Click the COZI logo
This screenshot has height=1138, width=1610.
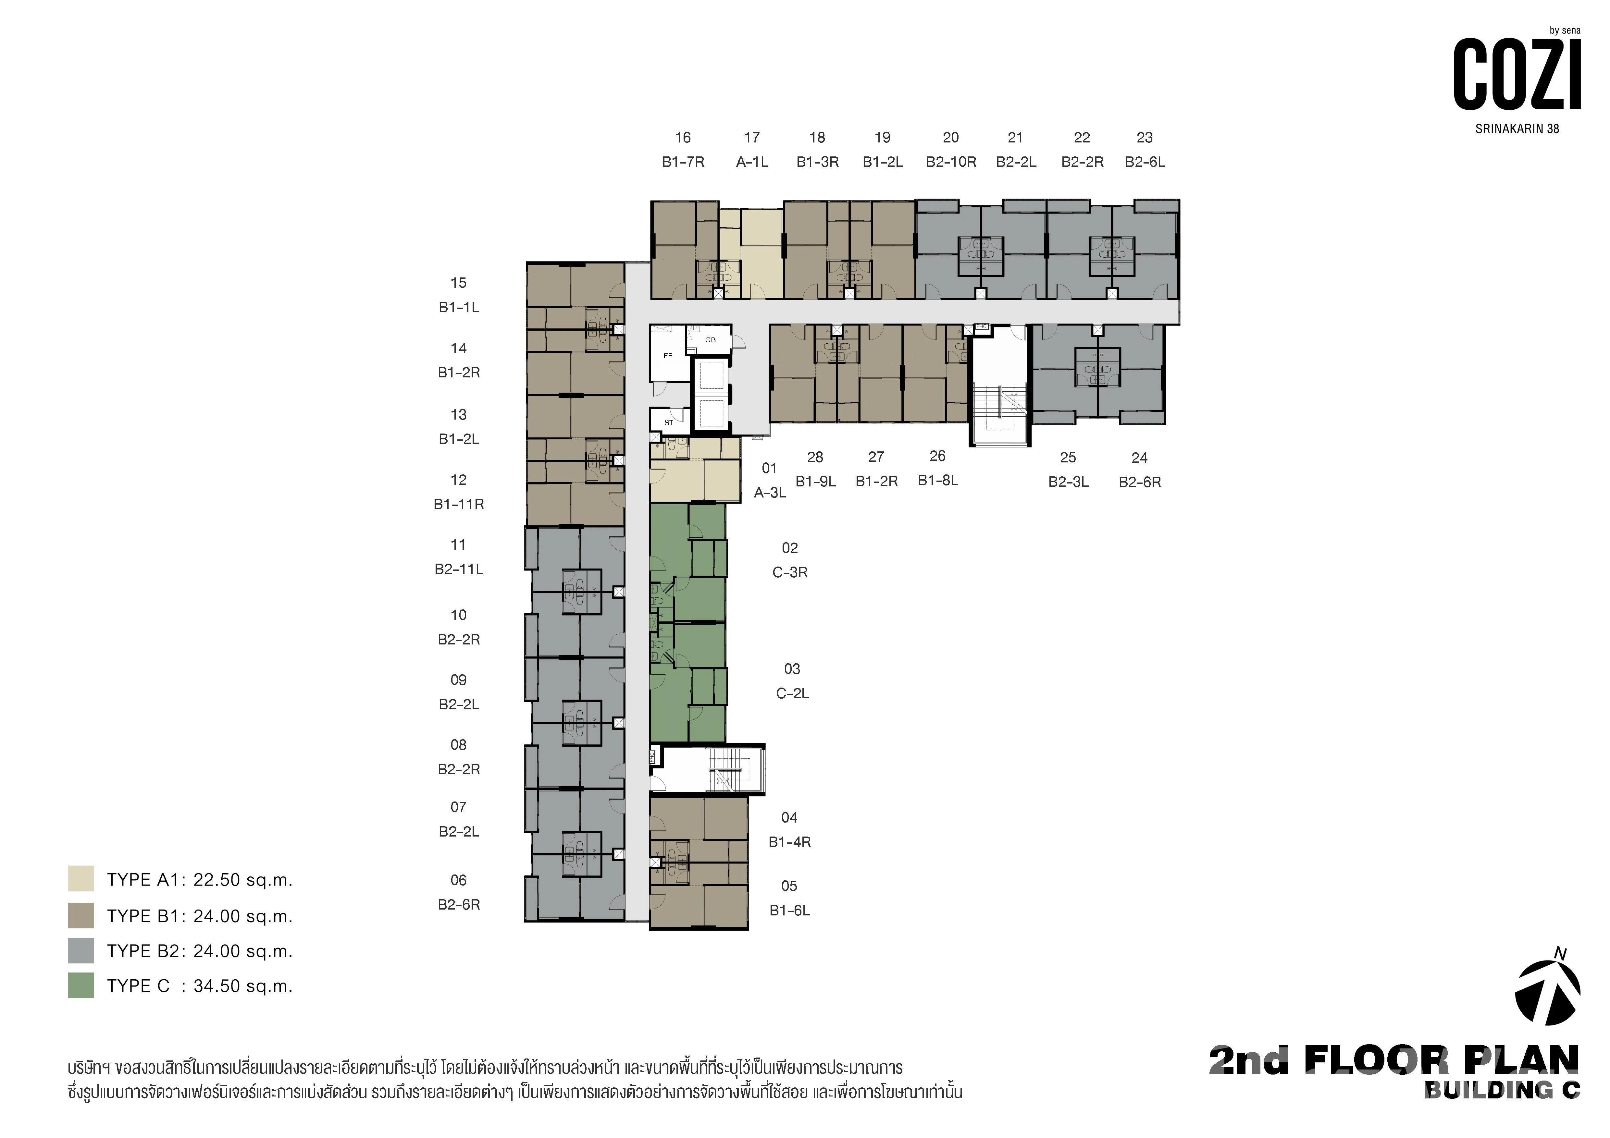tap(1517, 74)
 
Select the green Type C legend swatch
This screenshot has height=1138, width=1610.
tap(80, 985)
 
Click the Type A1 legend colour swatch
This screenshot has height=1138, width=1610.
tap(80, 878)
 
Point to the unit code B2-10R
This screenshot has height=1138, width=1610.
tap(951, 162)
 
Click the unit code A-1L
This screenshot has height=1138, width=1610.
tap(752, 162)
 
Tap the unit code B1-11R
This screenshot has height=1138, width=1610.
tap(459, 504)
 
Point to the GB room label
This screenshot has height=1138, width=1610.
tap(710, 340)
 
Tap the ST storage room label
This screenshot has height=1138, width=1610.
tap(668, 423)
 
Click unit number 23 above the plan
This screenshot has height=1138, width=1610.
tap(1145, 138)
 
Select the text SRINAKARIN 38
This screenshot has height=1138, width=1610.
tap(1517, 129)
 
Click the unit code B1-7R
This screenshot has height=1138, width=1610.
tap(683, 162)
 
